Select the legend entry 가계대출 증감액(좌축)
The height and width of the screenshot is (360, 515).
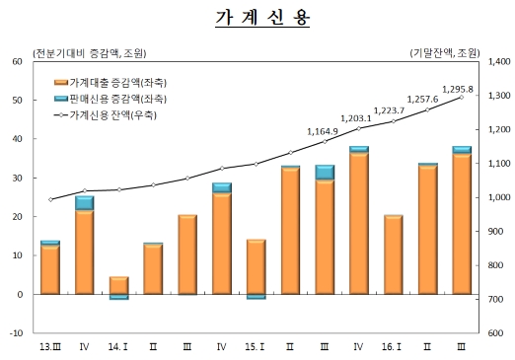pyautogui.click(x=117, y=83)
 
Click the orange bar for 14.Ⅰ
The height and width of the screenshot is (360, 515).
pyautogui.click(x=118, y=285)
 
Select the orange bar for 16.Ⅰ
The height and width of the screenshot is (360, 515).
pyautogui.click(x=393, y=254)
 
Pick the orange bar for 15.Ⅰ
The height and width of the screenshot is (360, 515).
pyautogui.click(x=256, y=266)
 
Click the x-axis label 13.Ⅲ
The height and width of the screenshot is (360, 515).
pyautogui.click(x=49, y=347)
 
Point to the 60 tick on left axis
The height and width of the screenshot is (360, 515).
pyautogui.click(x=17, y=61)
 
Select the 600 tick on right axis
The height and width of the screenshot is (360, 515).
pyautogui.click(x=489, y=333)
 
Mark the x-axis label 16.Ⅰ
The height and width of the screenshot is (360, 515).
pyautogui.click(x=392, y=347)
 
